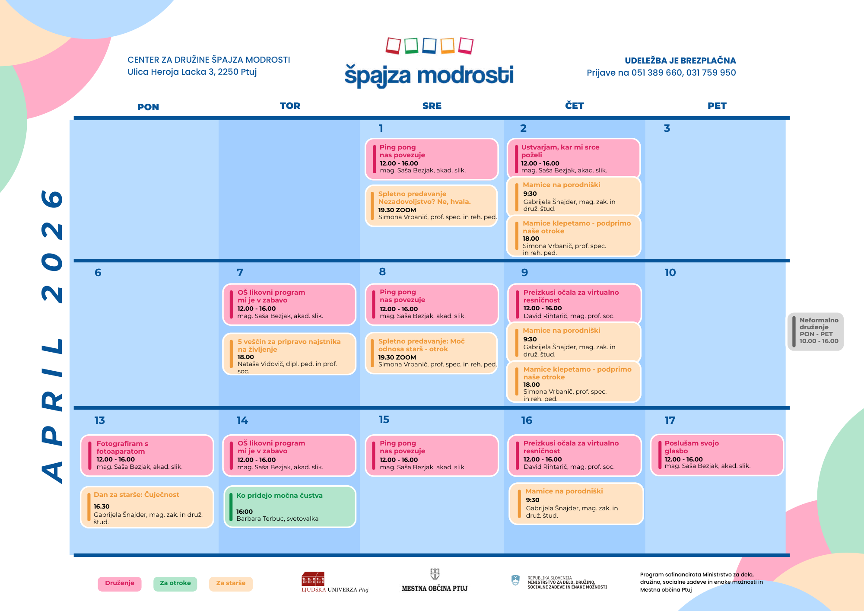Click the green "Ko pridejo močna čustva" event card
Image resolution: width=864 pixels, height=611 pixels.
[290, 506]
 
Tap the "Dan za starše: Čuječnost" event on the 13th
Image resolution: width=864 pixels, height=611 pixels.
[147, 507]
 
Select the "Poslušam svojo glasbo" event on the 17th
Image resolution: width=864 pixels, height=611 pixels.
[717, 455]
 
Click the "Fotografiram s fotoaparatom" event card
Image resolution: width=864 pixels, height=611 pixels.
[147, 455]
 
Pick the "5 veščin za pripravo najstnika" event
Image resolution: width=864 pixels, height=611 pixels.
[289, 353]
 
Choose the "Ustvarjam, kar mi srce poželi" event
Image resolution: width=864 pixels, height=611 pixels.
[574, 158]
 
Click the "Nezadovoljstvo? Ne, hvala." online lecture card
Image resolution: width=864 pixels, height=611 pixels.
[432, 206]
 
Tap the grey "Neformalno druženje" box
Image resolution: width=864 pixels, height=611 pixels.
[816, 332]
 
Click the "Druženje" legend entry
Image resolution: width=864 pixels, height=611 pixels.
[120, 583]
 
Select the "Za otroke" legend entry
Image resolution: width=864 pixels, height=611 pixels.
[175, 583]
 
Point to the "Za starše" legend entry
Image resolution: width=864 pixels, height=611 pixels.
[231, 583]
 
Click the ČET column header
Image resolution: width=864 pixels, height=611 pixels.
[575, 106]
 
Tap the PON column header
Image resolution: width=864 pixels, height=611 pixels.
[148, 107]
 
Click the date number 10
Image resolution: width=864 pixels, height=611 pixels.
[670, 273]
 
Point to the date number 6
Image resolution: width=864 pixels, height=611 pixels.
[98, 273]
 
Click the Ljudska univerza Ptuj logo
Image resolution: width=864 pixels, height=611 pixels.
[335, 582]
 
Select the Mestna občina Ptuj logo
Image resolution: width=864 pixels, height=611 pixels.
[435, 580]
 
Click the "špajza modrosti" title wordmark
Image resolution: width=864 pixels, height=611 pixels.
[429, 76]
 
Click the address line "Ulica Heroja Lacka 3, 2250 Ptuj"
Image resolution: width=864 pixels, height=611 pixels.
[192, 72]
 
